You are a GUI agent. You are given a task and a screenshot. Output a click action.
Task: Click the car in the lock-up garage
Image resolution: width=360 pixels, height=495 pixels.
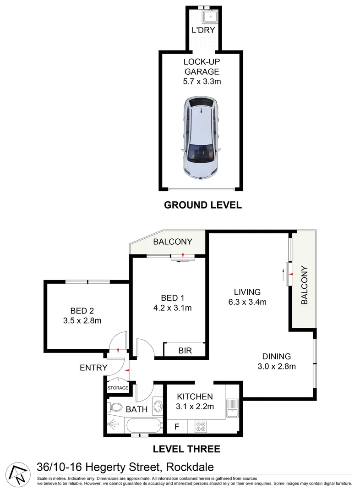click(201, 139)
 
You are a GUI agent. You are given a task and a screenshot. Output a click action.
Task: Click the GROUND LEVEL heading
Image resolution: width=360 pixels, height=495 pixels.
click(203, 205)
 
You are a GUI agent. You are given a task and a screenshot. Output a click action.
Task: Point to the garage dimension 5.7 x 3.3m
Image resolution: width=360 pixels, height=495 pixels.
click(202, 82)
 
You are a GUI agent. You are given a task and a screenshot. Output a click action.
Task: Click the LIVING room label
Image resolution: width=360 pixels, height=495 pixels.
click(247, 292)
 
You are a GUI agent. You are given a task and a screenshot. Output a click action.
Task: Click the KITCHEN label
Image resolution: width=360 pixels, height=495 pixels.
click(195, 396)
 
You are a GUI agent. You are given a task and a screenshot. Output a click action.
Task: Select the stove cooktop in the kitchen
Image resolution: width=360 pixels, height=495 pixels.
click(201, 427)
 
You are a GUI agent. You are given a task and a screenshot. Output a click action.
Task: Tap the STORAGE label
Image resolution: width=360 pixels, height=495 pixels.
click(118, 388)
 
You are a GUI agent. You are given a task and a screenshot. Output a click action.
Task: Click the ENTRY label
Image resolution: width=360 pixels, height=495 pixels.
click(93, 368)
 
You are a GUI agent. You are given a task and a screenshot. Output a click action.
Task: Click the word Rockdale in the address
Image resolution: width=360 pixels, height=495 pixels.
click(191, 467)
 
